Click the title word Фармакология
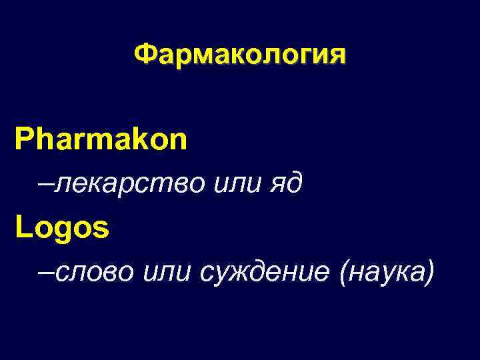coord(240,55)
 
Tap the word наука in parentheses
coord(387,272)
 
